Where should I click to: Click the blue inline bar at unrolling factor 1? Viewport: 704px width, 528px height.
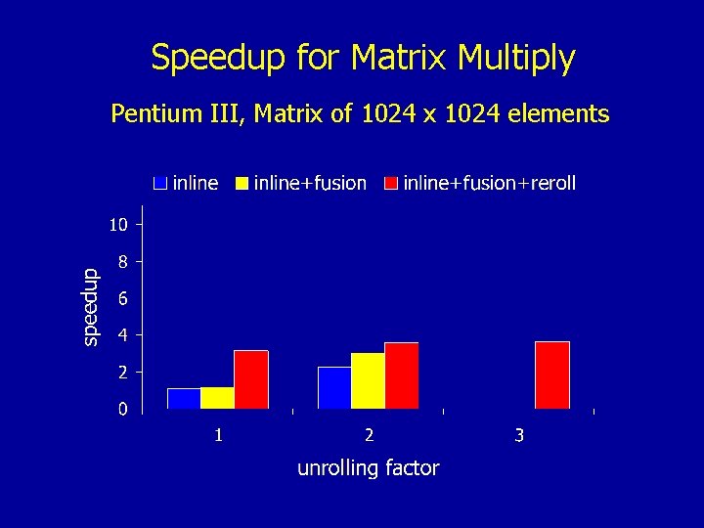(184, 398)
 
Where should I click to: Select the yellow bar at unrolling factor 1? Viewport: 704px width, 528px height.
(217, 398)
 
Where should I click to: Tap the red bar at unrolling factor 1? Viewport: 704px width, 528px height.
(251, 379)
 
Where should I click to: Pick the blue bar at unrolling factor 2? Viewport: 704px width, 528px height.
(334, 387)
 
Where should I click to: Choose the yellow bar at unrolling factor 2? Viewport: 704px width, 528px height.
(368, 380)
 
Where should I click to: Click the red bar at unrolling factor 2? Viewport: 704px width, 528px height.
(402, 375)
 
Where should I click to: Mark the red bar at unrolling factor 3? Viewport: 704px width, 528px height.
(552, 374)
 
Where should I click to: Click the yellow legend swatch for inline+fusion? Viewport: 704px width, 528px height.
(242, 184)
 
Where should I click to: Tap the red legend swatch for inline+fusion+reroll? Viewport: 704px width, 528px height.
(391, 184)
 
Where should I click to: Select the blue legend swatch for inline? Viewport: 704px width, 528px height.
(160, 184)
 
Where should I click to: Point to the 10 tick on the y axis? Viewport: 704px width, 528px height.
(117, 225)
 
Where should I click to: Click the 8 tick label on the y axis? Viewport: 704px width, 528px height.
(122, 262)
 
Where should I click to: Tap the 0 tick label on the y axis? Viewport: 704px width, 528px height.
(122, 409)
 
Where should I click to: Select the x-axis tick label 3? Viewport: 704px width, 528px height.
(519, 434)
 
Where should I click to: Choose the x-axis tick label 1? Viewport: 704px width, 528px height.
(218, 434)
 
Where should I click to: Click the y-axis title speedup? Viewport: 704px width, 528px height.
(89, 306)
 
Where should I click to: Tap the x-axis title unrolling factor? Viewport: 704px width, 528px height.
(368, 468)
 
